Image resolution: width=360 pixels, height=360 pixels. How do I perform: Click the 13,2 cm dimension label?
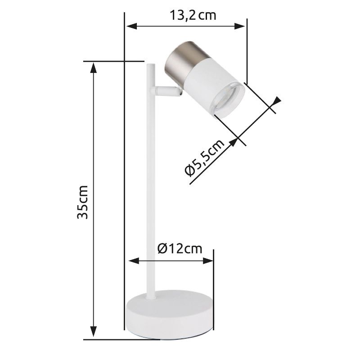[x=193, y=16]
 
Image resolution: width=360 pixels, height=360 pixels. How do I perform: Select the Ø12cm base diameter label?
[x=180, y=248]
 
